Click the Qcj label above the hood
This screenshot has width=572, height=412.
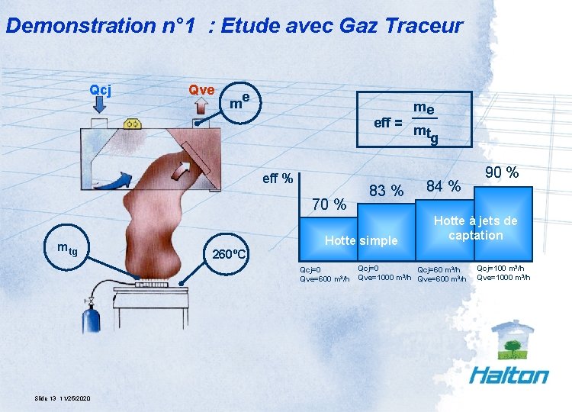tap(101, 90)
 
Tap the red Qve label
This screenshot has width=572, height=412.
tap(201, 90)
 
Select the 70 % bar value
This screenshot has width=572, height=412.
tap(329, 204)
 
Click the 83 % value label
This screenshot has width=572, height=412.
tap(386, 191)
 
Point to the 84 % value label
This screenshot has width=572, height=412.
tap(443, 186)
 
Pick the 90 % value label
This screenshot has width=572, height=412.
tap(501, 173)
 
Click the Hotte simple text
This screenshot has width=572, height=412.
tap(361, 241)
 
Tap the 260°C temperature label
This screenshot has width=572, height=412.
tap(229, 254)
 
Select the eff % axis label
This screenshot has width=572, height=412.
tap(278, 179)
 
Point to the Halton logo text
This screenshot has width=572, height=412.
tap(509, 375)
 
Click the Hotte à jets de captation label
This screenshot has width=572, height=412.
tap(475, 228)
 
